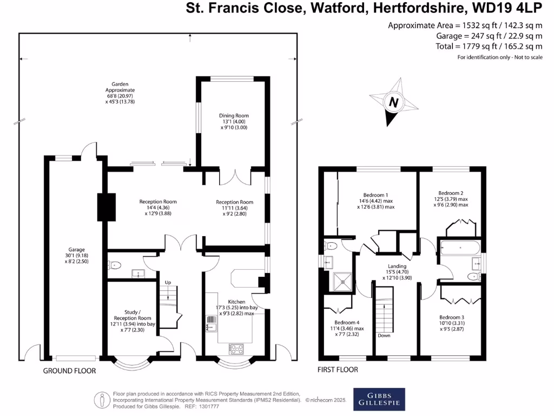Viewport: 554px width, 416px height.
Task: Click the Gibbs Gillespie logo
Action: [x=379, y=399]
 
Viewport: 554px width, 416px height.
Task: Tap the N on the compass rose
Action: [x=393, y=102]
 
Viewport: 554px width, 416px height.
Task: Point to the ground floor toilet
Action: [x=115, y=265]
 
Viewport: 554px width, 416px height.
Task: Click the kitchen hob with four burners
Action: [x=236, y=349]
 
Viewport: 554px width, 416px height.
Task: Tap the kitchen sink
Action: [x=212, y=323]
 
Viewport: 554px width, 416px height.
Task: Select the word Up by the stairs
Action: [x=168, y=282]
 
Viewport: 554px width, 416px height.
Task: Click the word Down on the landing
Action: [x=384, y=335]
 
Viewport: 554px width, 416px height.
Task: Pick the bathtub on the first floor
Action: [x=460, y=248]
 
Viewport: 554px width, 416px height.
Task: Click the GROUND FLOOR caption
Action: [x=70, y=370]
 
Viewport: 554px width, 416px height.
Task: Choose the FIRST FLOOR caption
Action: [x=338, y=369]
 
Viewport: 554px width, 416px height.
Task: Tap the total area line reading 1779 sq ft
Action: [x=489, y=46]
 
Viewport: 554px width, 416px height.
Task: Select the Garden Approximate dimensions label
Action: [x=120, y=93]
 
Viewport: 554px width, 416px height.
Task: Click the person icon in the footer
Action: [x=102, y=400]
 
